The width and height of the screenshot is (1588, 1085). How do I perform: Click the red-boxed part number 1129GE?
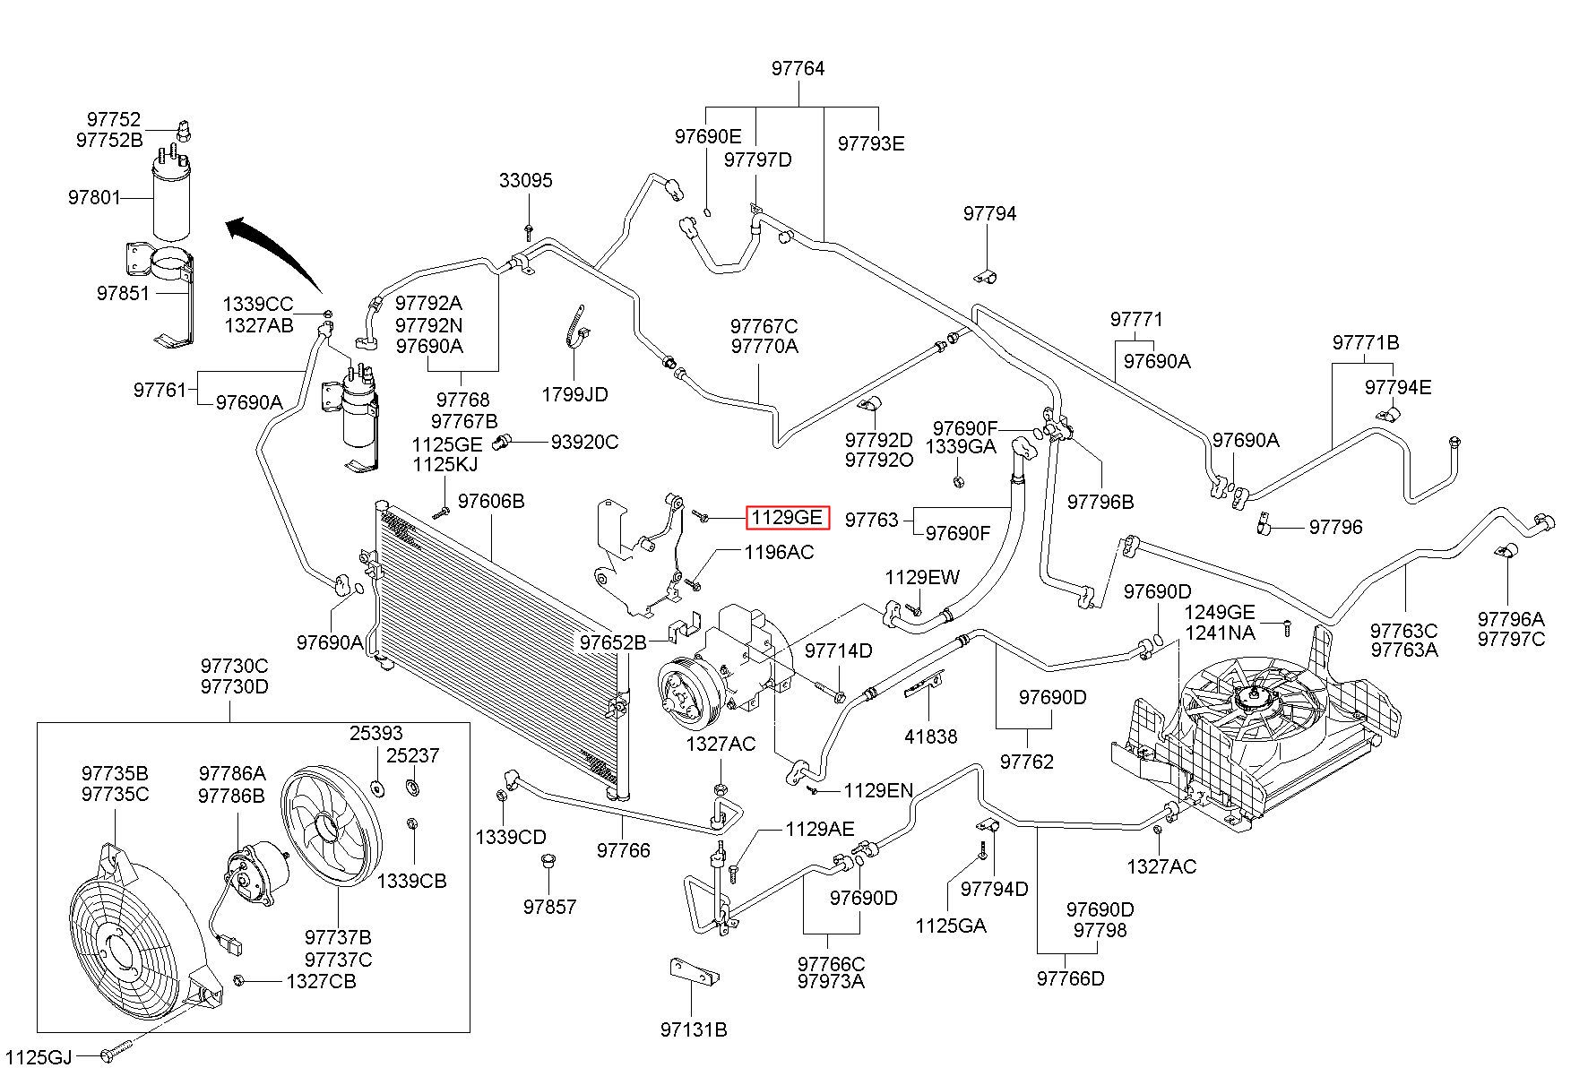[787, 517]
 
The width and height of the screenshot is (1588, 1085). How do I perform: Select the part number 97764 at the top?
[798, 69]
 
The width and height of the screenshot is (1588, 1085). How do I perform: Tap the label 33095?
[526, 180]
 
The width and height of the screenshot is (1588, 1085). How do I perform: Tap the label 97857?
[550, 907]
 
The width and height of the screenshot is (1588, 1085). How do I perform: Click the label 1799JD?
[574, 394]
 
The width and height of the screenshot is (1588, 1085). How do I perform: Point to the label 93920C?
[584, 442]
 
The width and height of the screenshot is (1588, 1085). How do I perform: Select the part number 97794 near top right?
[990, 213]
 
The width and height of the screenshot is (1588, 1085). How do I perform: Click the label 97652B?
[613, 642]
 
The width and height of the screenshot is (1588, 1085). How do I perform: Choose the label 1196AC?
[779, 552]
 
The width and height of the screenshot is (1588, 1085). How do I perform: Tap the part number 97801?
[94, 197]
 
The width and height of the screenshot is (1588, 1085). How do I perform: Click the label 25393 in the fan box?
[376, 734]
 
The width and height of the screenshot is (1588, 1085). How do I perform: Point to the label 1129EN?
[878, 790]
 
